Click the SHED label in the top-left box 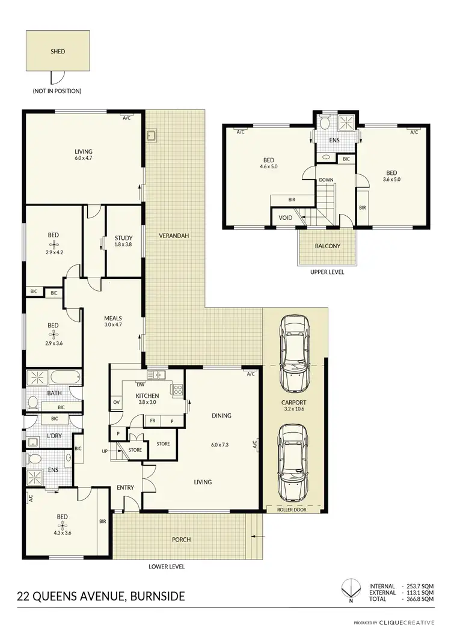pos(58,52)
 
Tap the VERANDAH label pos(174,236)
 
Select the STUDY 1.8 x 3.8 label pos(124,242)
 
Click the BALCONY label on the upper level pos(328,246)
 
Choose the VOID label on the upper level pos(286,218)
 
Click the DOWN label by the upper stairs pos(327,180)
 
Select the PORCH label pos(182,540)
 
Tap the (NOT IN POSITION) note pos(57,91)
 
